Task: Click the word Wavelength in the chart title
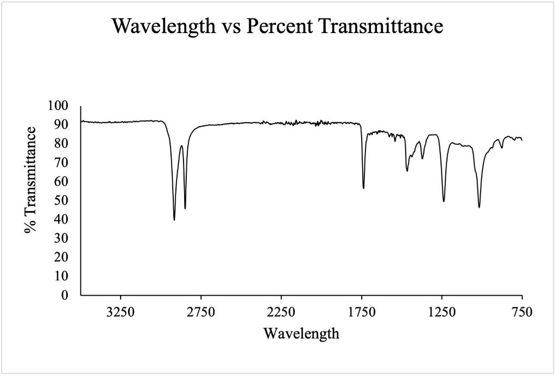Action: point(162,26)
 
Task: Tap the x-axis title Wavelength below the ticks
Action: point(301,333)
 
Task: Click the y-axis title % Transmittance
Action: point(31,180)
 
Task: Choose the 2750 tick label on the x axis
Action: point(201,312)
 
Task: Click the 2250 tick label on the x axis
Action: point(281,312)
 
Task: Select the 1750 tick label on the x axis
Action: point(362,312)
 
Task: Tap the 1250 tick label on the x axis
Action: point(442,312)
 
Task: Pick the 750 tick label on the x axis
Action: point(522,312)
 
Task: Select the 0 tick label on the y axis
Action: point(71,295)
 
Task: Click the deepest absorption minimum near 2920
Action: point(174,220)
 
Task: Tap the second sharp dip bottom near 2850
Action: point(185,208)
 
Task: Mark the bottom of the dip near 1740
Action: point(363,188)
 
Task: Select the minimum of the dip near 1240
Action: point(444,201)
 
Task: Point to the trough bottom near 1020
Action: point(479,207)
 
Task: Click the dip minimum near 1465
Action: point(407,171)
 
